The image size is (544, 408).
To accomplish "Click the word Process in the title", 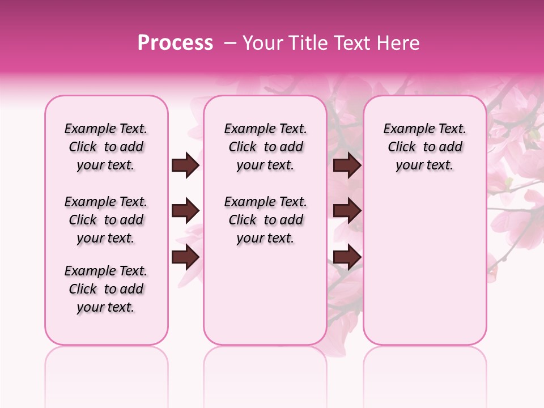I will (175, 43).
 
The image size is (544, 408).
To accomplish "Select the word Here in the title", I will (399, 43).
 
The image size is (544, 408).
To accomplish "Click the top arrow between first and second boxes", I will (185, 165).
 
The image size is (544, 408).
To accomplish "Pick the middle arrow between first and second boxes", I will (185, 211).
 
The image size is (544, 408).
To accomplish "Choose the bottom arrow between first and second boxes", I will (185, 256).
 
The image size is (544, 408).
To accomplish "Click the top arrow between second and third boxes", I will (347, 165).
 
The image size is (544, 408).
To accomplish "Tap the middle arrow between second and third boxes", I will (347, 211).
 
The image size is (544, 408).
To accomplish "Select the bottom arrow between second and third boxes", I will (347, 257).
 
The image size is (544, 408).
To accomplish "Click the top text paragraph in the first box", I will (106, 147).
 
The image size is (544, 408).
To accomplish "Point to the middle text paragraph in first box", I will (106, 220).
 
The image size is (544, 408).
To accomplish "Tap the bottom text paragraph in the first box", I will (106, 289).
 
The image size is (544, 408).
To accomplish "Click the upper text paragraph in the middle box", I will (265, 147).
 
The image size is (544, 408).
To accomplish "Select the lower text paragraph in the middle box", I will (265, 220).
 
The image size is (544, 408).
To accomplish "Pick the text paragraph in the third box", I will (424, 147).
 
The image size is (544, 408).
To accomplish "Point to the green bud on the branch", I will (534, 134).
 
